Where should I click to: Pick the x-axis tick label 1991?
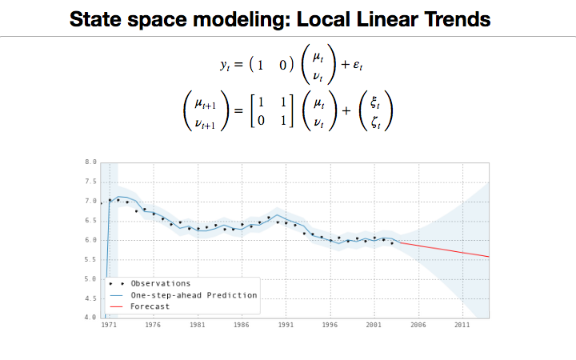(286, 326)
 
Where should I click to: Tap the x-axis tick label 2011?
(462, 326)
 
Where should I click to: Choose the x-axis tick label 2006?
(418, 326)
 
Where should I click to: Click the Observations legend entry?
(160, 283)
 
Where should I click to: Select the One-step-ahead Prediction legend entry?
(194, 295)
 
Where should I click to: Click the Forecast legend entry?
(150, 306)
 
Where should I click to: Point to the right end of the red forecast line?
(489, 257)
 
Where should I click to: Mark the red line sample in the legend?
(118, 306)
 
